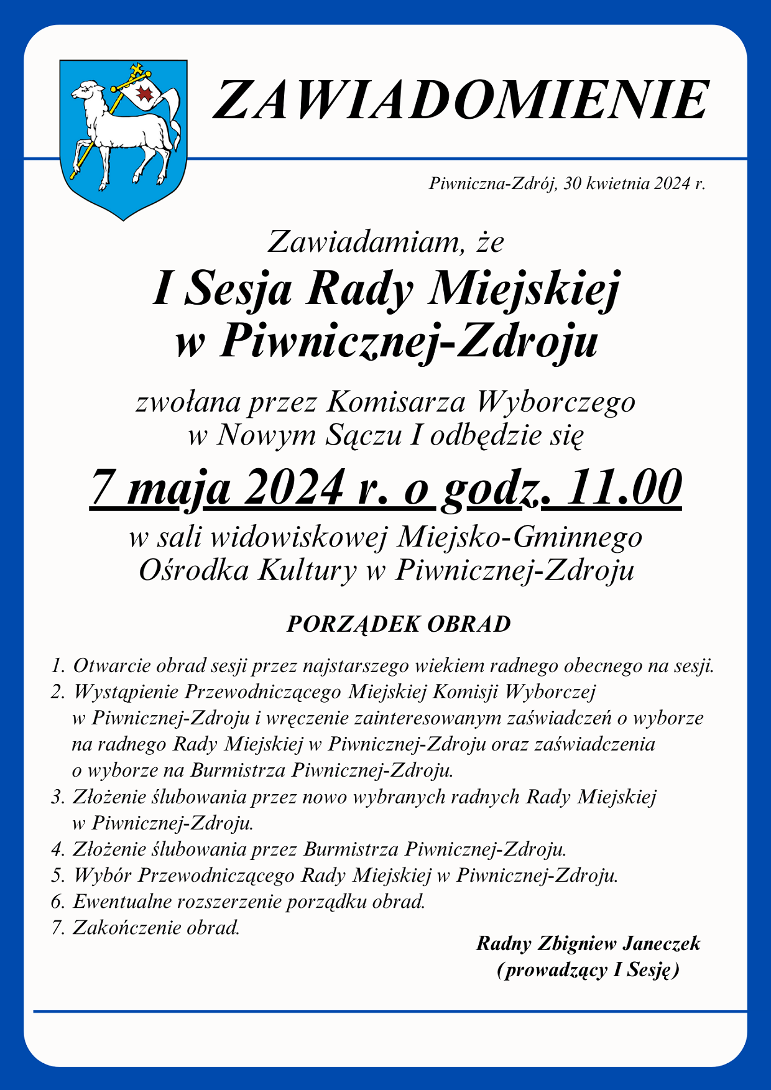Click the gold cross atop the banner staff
pos(137,70)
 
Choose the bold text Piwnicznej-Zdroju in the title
pos(408,342)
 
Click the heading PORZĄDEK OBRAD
pos(399,624)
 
